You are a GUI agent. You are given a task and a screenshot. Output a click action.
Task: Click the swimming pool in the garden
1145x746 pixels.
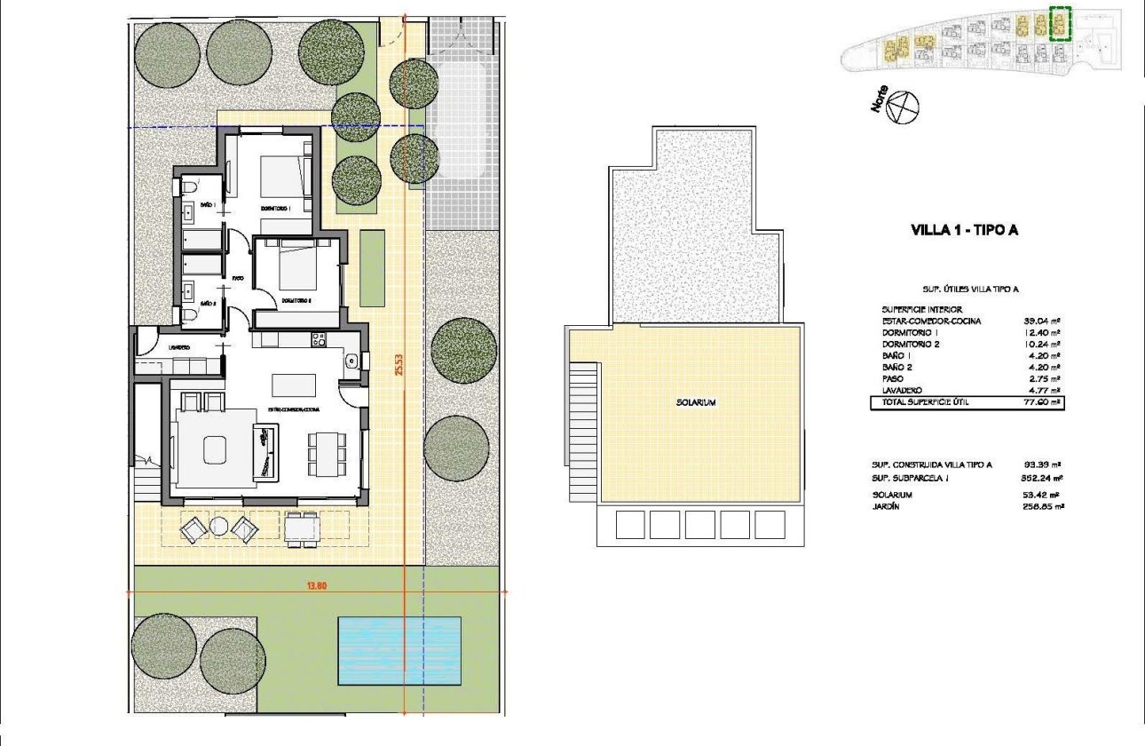point(399,650)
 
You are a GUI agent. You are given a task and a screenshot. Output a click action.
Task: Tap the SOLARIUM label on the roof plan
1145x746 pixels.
point(695,403)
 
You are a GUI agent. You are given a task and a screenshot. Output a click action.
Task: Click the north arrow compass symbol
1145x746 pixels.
point(904,107)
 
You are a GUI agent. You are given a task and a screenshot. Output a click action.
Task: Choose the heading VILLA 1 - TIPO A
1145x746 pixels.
point(964,231)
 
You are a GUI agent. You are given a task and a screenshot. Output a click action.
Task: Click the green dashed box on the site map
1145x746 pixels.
point(1060,23)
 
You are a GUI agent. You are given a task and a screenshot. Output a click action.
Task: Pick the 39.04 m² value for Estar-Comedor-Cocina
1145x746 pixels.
point(1042,321)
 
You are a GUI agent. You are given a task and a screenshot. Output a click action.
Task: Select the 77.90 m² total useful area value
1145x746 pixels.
point(1042,402)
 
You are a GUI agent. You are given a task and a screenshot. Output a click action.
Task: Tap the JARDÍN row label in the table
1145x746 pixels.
point(888,507)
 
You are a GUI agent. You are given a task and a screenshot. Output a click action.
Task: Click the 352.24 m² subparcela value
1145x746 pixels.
point(1042,477)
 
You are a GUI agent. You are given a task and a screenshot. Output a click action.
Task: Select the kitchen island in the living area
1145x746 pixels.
point(294,385)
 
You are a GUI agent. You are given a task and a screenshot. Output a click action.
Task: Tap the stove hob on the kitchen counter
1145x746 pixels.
point(318,338)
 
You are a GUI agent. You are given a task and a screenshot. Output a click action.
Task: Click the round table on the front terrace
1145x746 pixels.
point(219,528)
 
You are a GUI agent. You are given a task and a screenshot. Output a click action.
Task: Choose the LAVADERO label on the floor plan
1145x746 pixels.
point(178,348)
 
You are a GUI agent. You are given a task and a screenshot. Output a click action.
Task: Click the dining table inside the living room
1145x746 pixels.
point(326,454)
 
